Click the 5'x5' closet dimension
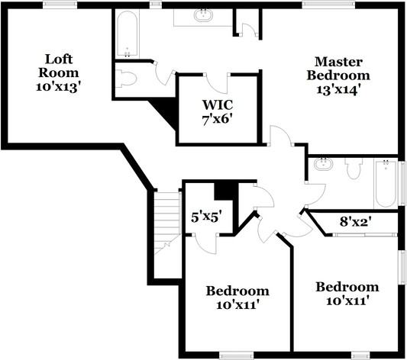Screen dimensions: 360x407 [x=205, y=217]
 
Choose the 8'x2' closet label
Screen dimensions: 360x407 [x=354, y=222]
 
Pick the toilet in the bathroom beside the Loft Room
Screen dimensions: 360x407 [x=128, y=78]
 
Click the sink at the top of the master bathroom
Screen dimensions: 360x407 [x=204, y=14]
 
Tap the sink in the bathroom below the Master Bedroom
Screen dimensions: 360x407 [x=323, y=164]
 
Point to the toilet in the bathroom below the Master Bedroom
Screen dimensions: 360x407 [x=353, y=168]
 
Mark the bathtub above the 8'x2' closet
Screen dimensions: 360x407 [x=386, y=182]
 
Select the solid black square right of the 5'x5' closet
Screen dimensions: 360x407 [x=224, y=189]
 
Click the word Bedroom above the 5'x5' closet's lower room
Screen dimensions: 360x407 [x=237, y=291]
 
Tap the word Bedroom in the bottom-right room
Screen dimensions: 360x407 [x=347, y=287]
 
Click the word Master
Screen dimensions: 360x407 [x=338, y=61]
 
